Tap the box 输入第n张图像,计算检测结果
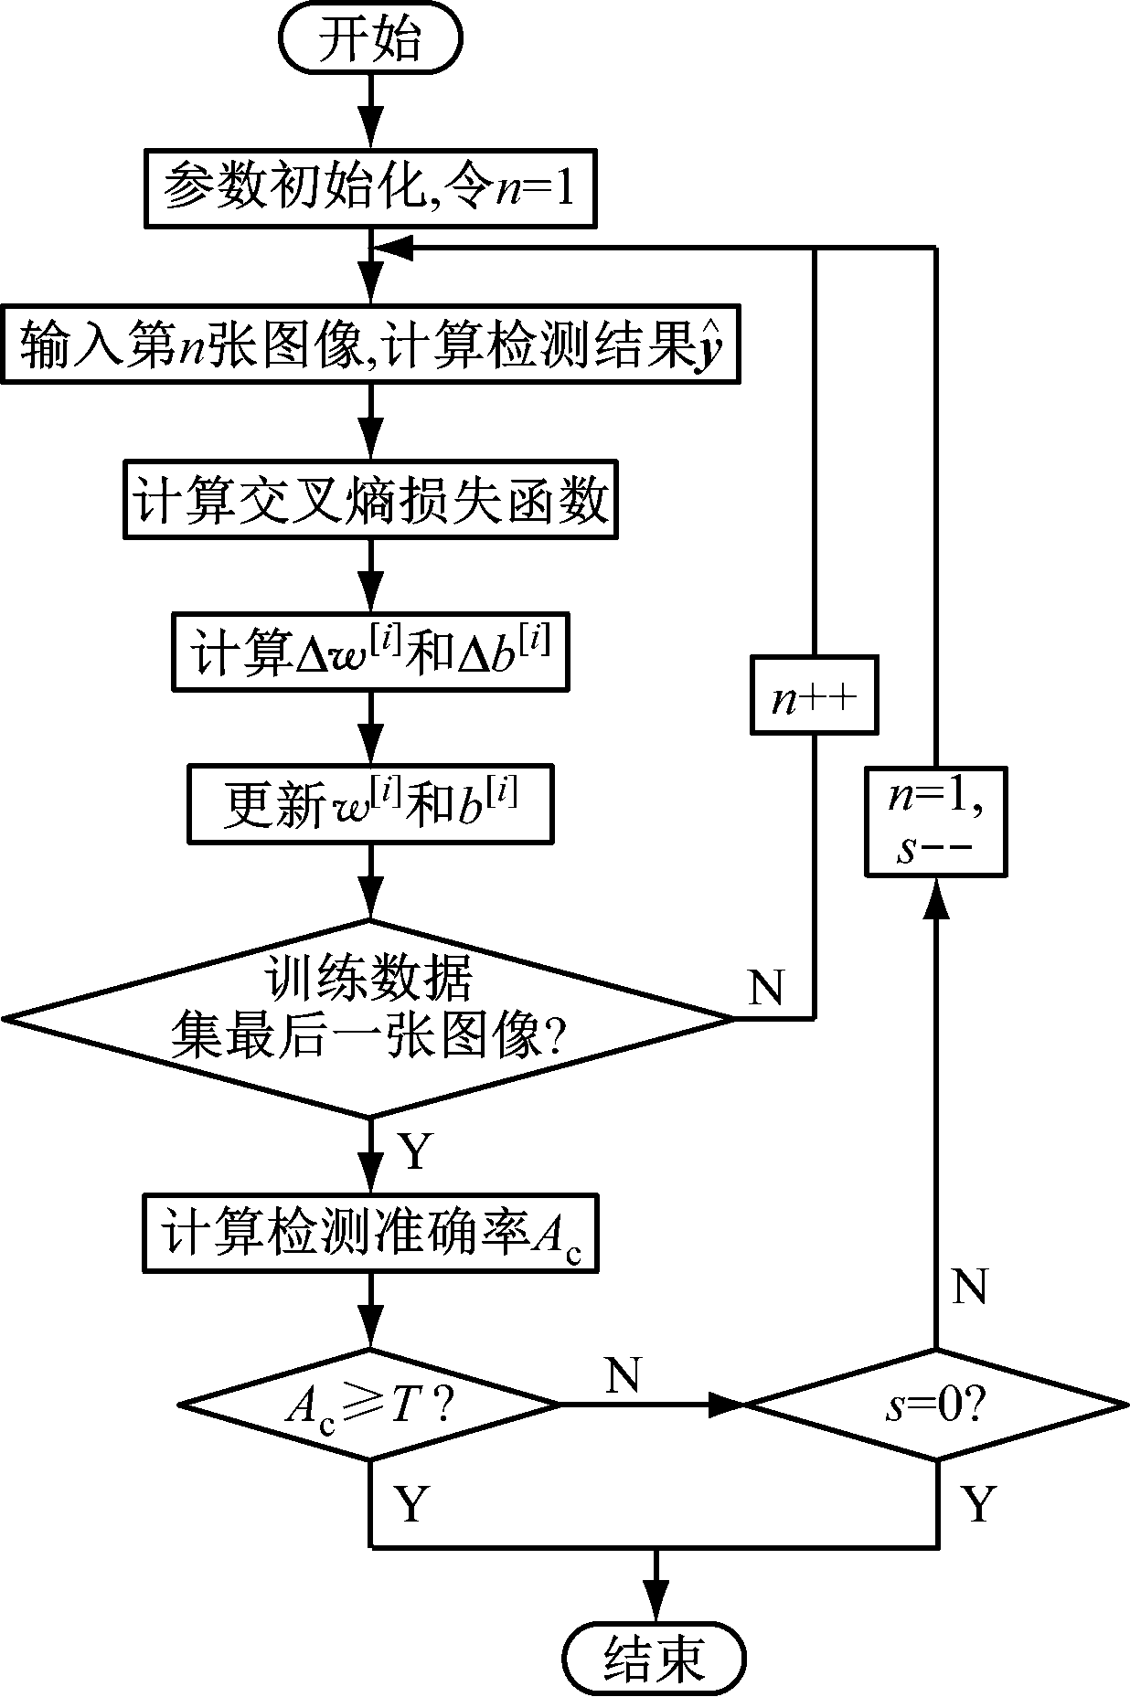(370, 345)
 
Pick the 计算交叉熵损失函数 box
(370, 501)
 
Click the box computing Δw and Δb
(370, 652)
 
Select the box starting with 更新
(370, 804)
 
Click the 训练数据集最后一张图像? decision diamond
(370, 1017)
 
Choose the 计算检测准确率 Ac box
(370, 1232)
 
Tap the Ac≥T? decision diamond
(370, 1405)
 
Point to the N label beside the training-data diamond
(765, 986)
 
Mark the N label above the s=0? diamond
(969, 1288)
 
